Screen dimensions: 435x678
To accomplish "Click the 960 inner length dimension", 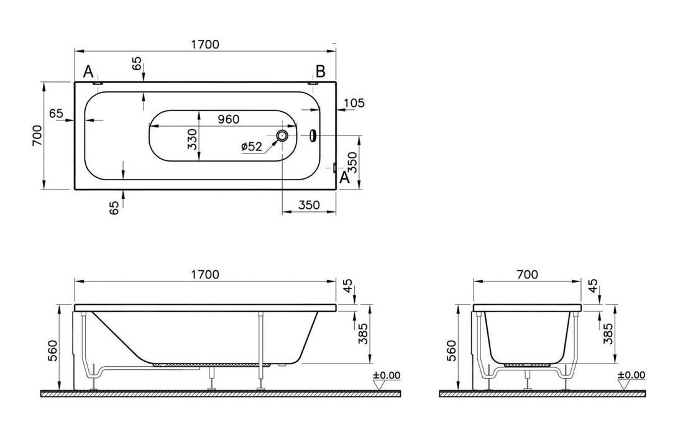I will (x=227, y=118).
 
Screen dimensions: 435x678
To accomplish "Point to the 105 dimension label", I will (x=353, y=103).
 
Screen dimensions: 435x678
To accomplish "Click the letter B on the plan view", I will (x=320, y=71).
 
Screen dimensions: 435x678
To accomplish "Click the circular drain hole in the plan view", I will (x=282, y=136).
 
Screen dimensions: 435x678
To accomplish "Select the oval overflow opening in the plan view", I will (x=313, y=135).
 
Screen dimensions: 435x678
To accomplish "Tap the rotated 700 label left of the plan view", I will (x=36, y=135).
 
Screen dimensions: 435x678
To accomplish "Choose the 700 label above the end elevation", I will (x=527, y=274).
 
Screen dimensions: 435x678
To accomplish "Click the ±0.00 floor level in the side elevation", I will (x=387, y=375).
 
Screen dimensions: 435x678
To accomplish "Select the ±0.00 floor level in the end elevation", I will (x=631, y=375).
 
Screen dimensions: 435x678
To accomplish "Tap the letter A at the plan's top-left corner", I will (x=89, y=71).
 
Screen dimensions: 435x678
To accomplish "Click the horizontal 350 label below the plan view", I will (x=309, y=205).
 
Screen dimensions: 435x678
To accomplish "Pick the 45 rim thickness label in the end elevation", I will (x=593, y=286).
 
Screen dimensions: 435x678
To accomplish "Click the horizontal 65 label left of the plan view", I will (x=56, y=113).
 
